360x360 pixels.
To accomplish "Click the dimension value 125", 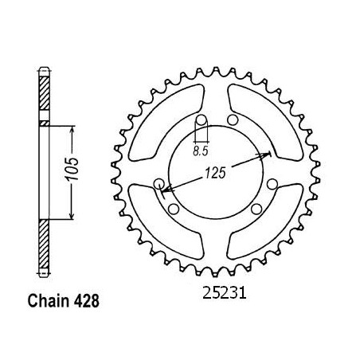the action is pos(215,173).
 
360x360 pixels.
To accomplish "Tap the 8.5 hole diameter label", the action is pos(201,151).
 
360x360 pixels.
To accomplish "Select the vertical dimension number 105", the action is pos(72,169).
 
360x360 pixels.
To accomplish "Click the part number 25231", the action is pos(225,293).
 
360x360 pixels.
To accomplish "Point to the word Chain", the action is pos(48,301).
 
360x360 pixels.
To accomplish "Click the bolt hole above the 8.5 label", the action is pos(202,120).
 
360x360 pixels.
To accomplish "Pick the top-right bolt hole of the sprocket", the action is pos(233,120).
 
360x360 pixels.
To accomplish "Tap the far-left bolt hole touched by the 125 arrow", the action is pos(159,184).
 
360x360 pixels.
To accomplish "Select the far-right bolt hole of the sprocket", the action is pos(272,184).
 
